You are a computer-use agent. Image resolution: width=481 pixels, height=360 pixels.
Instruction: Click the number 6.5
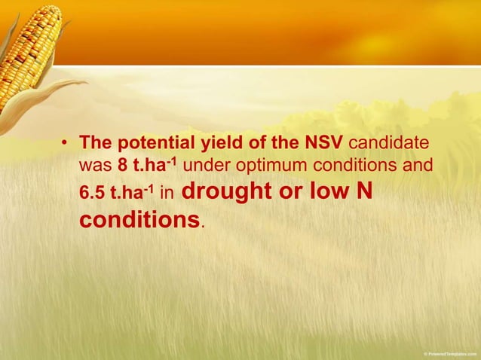(x=93, y=194)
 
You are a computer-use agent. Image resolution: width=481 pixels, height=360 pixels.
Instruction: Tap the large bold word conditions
(x=139, y=220)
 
